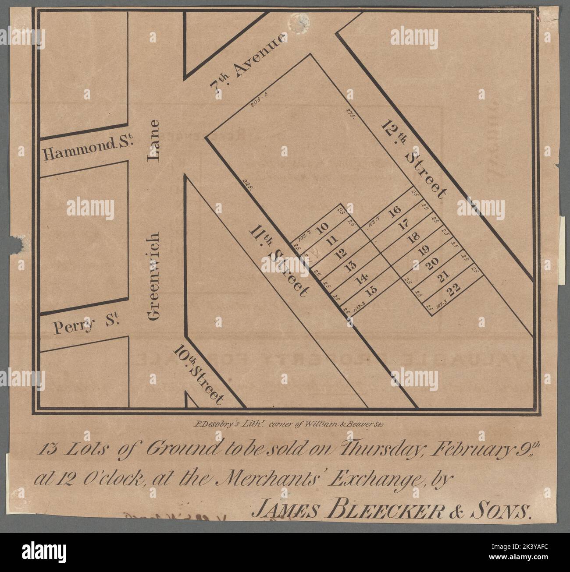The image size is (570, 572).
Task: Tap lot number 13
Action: coord(349,267)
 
